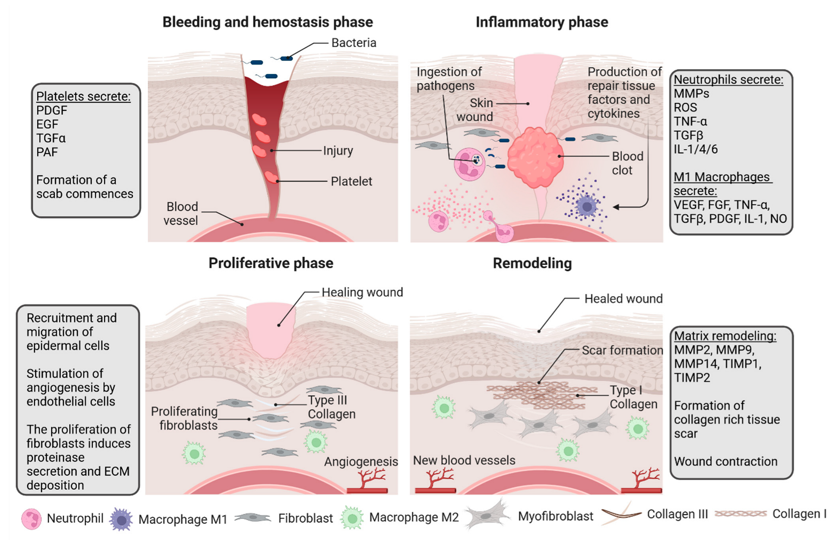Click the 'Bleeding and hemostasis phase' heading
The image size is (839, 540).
coord(268,22)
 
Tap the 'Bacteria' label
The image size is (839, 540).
coord(354,43)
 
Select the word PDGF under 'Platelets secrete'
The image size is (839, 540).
coord(52,110)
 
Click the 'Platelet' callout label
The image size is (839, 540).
coord(351,181)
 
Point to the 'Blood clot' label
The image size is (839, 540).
coord(627,163)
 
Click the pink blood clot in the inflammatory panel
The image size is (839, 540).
coord(535,157)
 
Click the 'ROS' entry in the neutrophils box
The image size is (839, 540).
coord(685,108)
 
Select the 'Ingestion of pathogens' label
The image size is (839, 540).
coord(449,79)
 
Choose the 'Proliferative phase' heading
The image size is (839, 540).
coord(271,263)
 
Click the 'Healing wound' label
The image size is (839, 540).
coord(362,292)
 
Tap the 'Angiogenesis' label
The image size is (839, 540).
coord(361,462)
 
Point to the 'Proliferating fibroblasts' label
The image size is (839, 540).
coord(184,418)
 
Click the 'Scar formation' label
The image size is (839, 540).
coord(622,350)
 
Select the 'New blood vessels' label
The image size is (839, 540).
coord(464,460)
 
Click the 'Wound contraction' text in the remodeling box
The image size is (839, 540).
coord(725,461)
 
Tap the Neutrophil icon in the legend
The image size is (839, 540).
coord(31,519)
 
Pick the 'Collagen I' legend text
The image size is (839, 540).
coord(799,514)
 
